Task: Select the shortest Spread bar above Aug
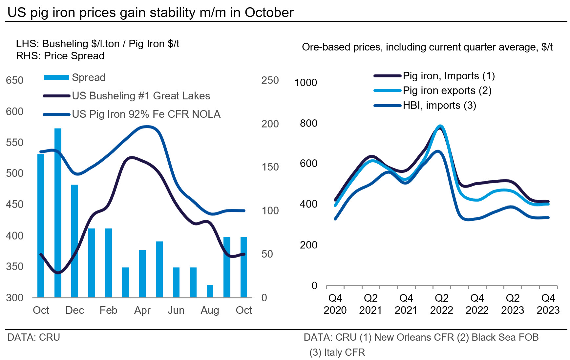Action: (210, 291)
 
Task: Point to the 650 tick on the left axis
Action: (14, 80)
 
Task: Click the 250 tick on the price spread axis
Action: (270, 80)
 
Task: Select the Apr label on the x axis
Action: (142, 310)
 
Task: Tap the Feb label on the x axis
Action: (108, 310)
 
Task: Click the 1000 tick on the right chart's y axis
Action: (306, 83)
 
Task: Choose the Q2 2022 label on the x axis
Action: (441, 304)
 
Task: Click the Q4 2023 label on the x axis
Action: (548, 304)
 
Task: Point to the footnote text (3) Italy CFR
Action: (337, 352)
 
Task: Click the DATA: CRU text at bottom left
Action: (33, 337)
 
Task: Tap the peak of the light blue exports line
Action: (440, 126)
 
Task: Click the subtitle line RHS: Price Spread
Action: (60, 56)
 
